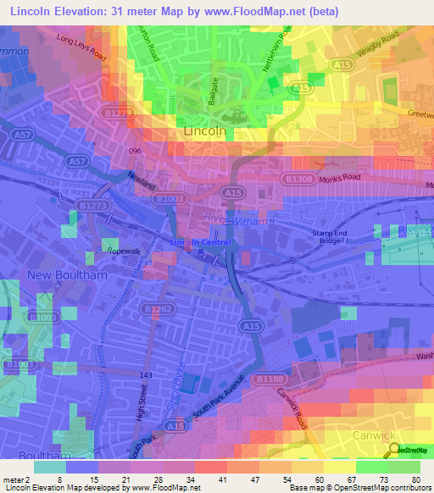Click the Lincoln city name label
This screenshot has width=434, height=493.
[205, 132]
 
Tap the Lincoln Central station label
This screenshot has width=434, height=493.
[202, 242]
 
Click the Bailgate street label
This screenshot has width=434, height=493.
[203, 90]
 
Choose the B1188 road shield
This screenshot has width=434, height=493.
[270, 378]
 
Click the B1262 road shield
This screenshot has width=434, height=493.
[153, 311]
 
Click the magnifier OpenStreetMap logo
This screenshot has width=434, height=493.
[394, 451]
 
